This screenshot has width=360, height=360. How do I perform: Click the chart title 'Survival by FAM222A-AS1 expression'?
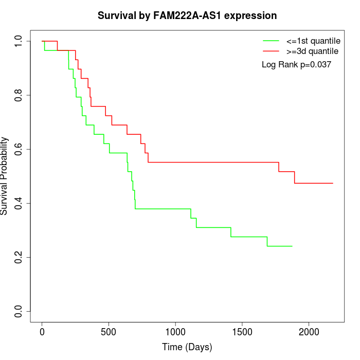[187, 15]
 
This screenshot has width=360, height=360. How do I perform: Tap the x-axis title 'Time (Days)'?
[187, 347]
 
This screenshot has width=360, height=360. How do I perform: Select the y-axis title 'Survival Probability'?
[5, 176]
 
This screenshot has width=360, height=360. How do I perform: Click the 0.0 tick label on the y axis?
[19, 311]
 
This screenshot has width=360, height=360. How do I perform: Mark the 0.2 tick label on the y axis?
[19, 257]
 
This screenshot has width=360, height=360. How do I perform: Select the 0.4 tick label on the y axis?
[19, 203]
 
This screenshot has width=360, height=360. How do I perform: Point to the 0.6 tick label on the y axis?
[19, 149]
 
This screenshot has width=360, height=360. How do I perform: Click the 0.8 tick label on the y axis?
[19, 95]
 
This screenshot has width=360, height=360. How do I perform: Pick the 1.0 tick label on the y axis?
[19, 41]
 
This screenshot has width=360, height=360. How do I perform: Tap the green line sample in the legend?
[271, 41]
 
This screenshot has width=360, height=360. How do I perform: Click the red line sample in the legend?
[271, 51]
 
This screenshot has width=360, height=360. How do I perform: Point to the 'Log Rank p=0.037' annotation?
[296, 65]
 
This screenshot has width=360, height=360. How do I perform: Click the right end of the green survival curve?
[292, 246]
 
